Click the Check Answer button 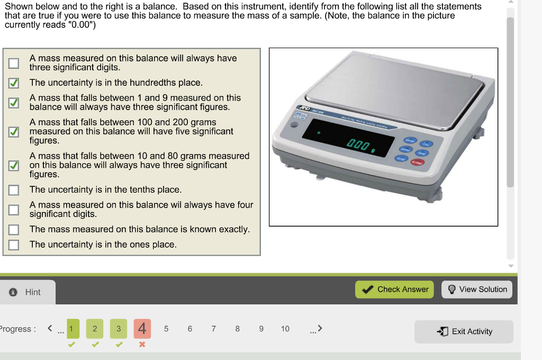[x=394, y=290]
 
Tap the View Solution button [x=477, y=290]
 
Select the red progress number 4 [x=142, y=329]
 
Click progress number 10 [x=285, y=329]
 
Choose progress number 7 [x=213, y=329]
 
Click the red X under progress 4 [x=142, y=345]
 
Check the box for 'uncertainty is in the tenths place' [x=14, y=190]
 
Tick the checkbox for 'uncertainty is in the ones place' [x=14, y=245]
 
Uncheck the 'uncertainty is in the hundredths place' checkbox [x=14, y=83]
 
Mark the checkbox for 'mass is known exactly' [x=14, y=230]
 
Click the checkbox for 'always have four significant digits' [x=14, y=210]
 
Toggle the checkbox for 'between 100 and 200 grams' [x=14, y=131]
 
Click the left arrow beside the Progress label [x=50, y=329]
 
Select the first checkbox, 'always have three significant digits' [x=14, y=64]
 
